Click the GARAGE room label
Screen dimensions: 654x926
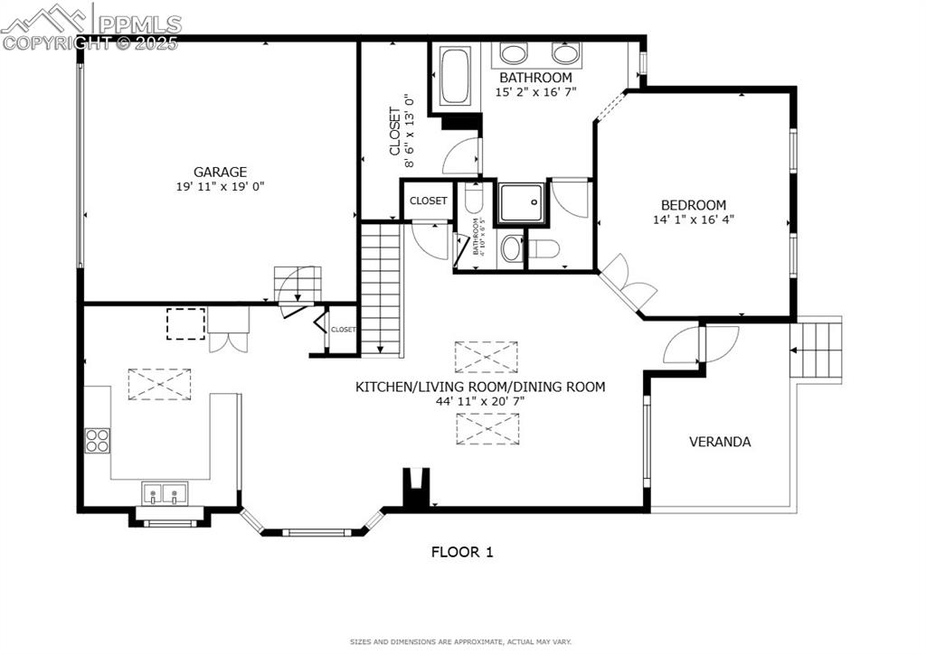(x=220, y=172)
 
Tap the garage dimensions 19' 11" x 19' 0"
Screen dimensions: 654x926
(x=220, y=187)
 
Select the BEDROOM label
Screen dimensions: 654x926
(x=693, y=205)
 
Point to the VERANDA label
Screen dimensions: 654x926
(x=720, y=442)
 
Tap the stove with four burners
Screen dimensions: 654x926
(x=98, y=440)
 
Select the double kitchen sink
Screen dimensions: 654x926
(x=164, y=495)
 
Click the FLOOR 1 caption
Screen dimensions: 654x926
(x=461, y=551)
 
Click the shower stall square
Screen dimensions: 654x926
(x=522, y=202)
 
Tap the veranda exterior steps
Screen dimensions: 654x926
(x=816, y=347)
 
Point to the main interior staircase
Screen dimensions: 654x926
(x=381, y=289)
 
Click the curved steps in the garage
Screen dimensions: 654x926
(x=298, y=285)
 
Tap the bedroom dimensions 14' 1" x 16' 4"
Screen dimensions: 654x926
(x=693, y=220)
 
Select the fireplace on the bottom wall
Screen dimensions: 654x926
(x=415, y=489)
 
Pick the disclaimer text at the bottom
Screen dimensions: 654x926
(x=461, y=641)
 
